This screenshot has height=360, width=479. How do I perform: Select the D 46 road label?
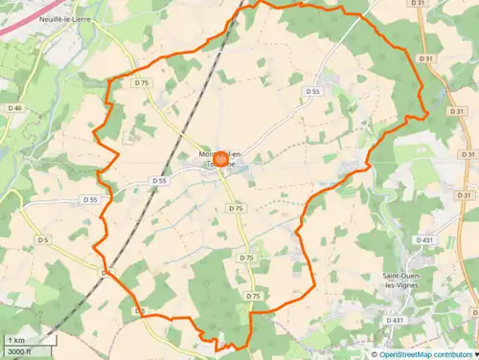point(15,108)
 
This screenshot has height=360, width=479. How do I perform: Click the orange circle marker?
point(220,160)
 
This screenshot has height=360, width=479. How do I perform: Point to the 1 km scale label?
point(16,341)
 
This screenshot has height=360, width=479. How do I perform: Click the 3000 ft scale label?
point(20,352)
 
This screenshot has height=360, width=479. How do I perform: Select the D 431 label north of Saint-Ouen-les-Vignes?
point(425,239)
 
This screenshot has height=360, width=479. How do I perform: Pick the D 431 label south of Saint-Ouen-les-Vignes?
point(395,320)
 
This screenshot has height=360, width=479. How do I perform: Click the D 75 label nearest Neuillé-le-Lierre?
point(142,83)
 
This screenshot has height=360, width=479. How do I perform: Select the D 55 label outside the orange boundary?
point(90,199)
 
